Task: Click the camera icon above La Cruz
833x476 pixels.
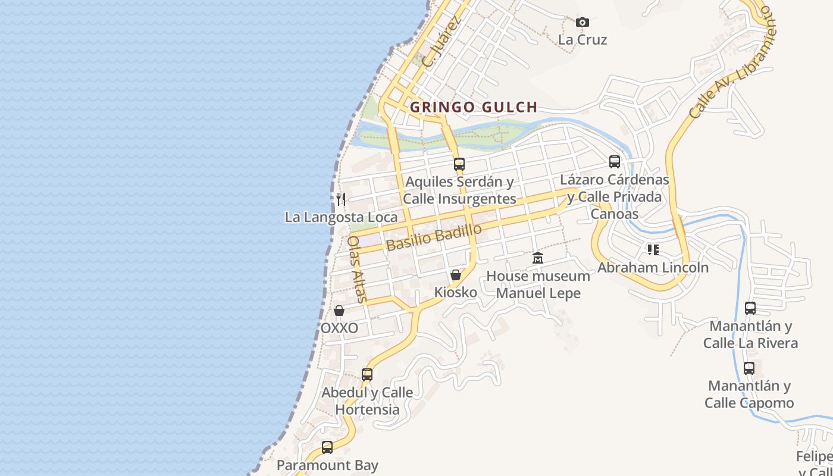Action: [x=583, y=23]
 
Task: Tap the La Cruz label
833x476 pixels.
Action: [x=583, y=40]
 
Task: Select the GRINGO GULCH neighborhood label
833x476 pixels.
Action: [x=474, y=107]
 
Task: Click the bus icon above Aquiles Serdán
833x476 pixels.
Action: [x=459, y=164]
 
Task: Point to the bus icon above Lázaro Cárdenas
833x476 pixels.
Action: [x=615, y=161]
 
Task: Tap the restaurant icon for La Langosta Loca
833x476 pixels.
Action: [x=341, y=199]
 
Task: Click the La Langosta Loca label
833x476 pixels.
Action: [x=341, y=217]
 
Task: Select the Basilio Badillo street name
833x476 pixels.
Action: [x=433, y=237]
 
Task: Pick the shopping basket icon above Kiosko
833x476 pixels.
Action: [x=456, y=275]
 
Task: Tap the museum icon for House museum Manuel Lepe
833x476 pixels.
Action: [x=538, y=258]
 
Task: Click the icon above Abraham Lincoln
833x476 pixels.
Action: [x=653, y=250]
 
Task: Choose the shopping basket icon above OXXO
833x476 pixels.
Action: [x=339, y=311]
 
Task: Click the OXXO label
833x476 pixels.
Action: [x=339, y=328]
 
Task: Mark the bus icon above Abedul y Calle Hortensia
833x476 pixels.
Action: [x=367, y=375]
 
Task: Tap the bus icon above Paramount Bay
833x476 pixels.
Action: [x=327, y=447]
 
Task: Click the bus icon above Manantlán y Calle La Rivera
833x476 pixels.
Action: [x=750, y=308]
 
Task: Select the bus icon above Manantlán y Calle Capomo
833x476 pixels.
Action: [x=749, y=368]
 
